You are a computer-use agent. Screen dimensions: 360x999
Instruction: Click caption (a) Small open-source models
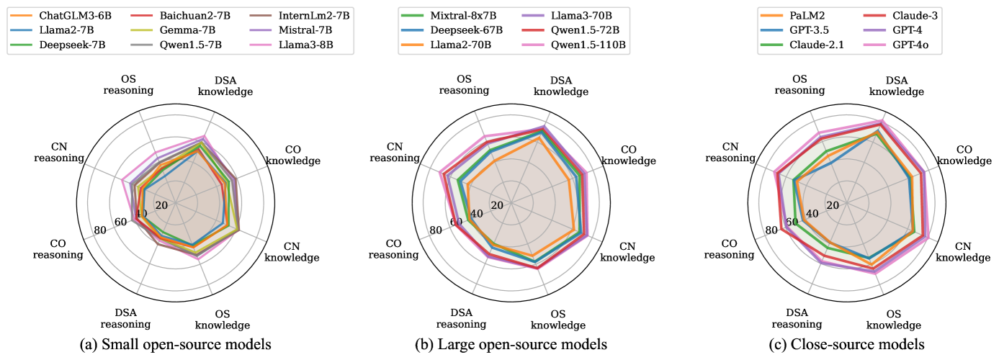pos(176,344)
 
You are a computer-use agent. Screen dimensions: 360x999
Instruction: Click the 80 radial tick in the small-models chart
pos(100,230)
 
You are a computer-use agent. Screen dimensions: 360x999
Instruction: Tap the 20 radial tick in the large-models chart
pos(496,204)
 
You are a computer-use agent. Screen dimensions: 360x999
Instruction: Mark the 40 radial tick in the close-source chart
pos(812,213)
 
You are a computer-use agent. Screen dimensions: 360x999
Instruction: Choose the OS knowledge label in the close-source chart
pos(894,320)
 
